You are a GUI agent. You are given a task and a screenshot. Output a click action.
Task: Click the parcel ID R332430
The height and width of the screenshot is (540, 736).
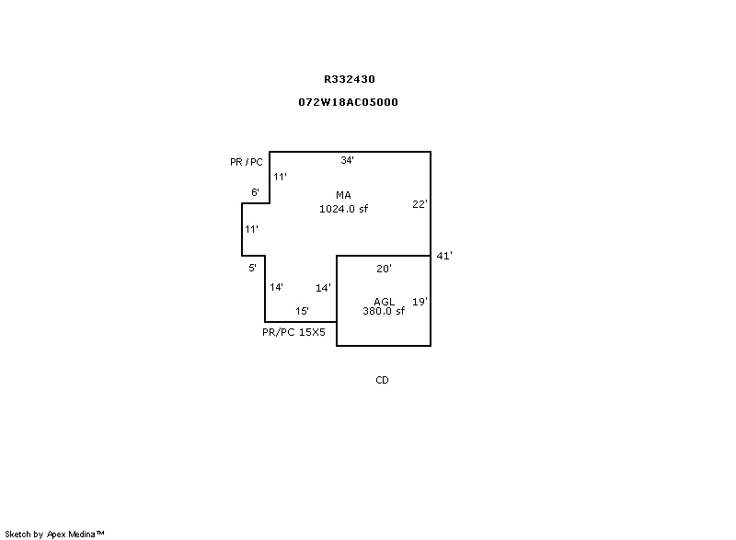350,79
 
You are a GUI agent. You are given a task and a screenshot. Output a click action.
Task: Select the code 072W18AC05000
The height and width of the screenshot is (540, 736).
349,102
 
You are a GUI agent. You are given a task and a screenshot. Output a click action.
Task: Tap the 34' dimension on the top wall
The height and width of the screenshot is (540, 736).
348,160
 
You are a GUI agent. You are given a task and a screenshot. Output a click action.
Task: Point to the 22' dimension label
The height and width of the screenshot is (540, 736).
420,204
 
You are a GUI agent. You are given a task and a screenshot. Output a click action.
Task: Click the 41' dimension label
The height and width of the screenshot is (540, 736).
444,256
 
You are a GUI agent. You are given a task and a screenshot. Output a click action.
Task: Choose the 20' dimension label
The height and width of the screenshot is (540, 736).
384,269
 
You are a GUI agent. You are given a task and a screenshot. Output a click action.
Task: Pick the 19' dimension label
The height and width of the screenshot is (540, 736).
420,302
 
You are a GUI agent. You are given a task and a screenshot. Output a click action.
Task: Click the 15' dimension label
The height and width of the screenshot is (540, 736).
303,311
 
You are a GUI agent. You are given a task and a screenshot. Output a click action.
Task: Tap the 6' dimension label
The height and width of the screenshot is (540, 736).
256,192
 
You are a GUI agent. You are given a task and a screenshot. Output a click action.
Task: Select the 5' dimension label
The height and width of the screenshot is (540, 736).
252,268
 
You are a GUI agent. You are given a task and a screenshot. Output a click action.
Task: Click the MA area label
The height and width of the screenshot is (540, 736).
343,195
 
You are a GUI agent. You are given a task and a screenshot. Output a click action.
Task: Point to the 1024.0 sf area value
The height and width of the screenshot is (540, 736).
343,209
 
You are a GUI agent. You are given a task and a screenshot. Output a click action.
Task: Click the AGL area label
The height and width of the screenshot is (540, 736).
384,301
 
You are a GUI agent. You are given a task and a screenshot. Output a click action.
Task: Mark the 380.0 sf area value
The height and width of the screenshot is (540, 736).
384,311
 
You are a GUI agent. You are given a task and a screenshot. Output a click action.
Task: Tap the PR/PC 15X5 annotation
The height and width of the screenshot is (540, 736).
293,332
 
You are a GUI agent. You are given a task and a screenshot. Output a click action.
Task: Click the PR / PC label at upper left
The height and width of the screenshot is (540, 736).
247,162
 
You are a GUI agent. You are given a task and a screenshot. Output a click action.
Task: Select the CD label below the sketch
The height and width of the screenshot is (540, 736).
382,380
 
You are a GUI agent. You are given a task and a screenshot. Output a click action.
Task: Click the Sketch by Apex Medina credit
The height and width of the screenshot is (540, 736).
54,534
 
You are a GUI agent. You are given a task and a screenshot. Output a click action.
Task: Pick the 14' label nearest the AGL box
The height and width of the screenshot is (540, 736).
324,288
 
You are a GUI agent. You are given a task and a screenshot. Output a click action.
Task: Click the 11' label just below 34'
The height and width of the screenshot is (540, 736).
281,177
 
